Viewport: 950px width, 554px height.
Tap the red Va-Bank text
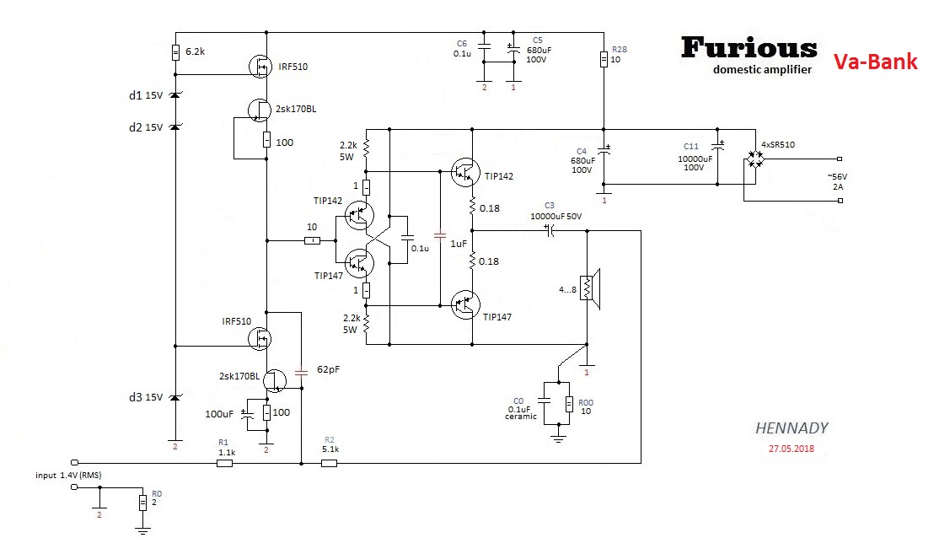pos(875,62)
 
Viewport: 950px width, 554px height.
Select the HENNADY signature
pos(792,428)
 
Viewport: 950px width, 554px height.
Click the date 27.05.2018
pos(792,449)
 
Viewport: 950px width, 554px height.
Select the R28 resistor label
pos(620,50)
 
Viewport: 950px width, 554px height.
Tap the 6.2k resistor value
pos(196,51)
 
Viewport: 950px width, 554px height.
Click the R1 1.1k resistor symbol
pos(224,463)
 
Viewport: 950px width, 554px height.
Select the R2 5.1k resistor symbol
pos(329,463)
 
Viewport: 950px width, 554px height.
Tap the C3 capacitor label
pos(549,205)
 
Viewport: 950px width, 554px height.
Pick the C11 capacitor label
pos(691,147)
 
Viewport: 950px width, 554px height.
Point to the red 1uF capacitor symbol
pos(438,235)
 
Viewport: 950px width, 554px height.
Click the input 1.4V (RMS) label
pos(69,476)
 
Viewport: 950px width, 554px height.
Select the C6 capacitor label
pos(461,43)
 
